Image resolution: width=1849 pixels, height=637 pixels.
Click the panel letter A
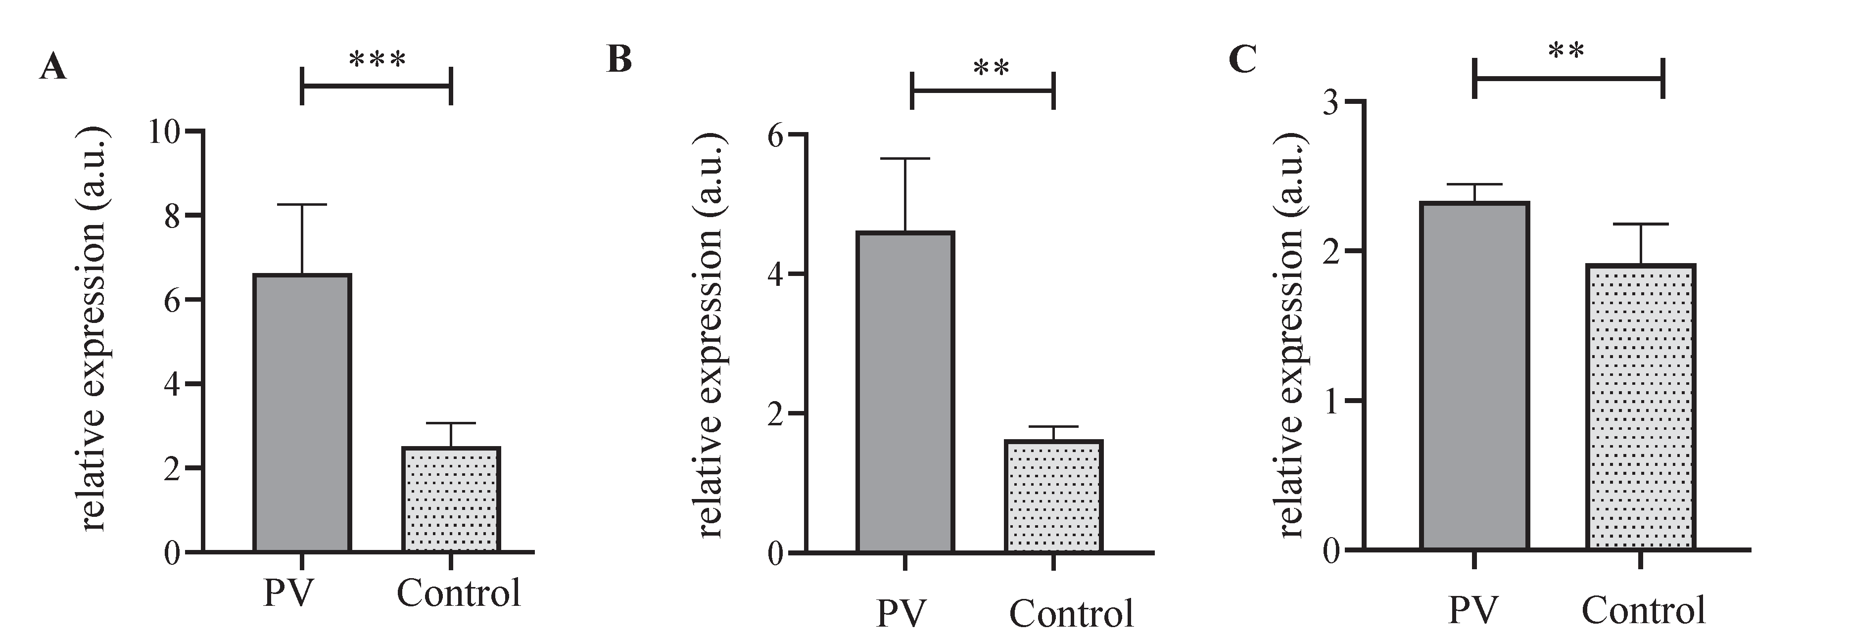click(x=53, y=68)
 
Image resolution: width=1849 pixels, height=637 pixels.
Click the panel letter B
click(x=619, y=59)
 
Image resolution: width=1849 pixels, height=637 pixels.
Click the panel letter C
click(x=1242, y=59)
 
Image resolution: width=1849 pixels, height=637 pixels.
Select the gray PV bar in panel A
click(x=302, y=412)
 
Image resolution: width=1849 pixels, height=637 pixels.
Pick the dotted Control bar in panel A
click(x=451, y=500)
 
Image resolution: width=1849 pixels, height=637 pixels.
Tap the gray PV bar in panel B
click(x=905, y=392)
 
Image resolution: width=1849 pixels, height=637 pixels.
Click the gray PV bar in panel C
click(x=1474, y=376)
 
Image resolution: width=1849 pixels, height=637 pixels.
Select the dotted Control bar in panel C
click(x=1641, y=407)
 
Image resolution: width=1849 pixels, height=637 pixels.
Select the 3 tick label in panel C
click(x=1331, y=102)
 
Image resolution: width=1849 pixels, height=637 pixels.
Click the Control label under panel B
click(x=1071, y=613)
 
